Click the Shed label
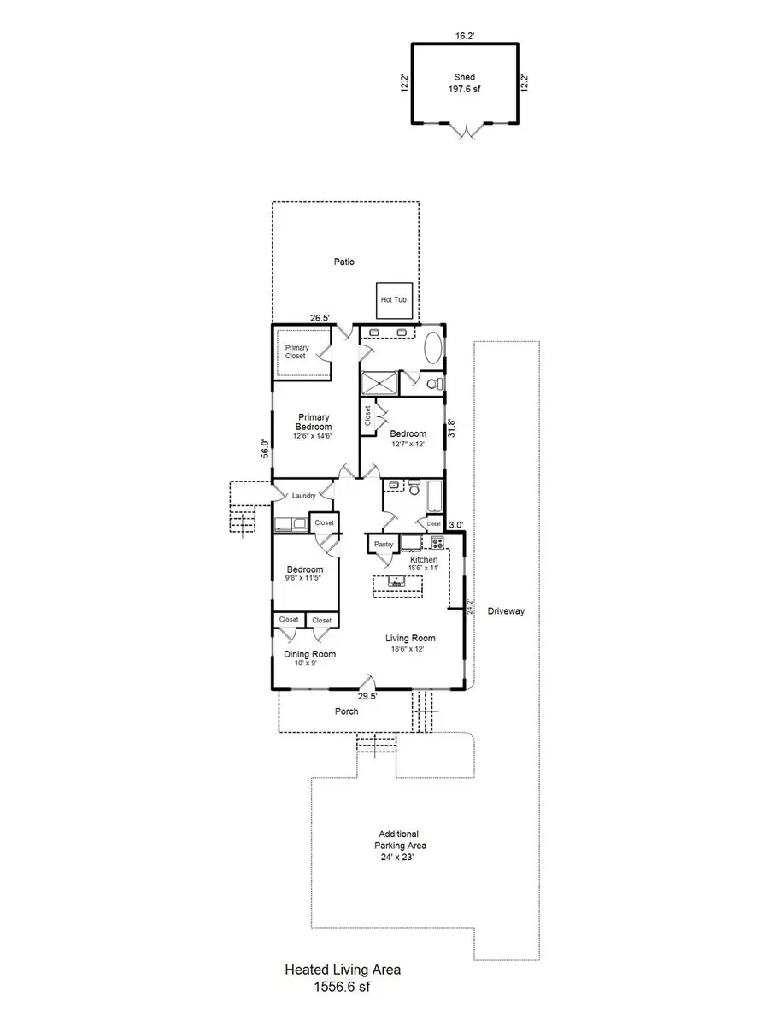point(464,77)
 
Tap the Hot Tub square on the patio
point(395,300)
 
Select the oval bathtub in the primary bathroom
point(434,350)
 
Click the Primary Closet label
point(296,351)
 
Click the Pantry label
point(384,543)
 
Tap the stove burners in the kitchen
point(437,542)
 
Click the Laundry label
point(304,496)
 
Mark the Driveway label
point(506,611)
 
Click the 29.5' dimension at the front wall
point(368,697)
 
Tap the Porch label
point(346,711)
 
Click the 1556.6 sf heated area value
point(342,986)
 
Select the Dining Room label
point(309,654)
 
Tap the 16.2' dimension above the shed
point(464,37)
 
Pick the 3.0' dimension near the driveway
point(456,525)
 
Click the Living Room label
point(411,638)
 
